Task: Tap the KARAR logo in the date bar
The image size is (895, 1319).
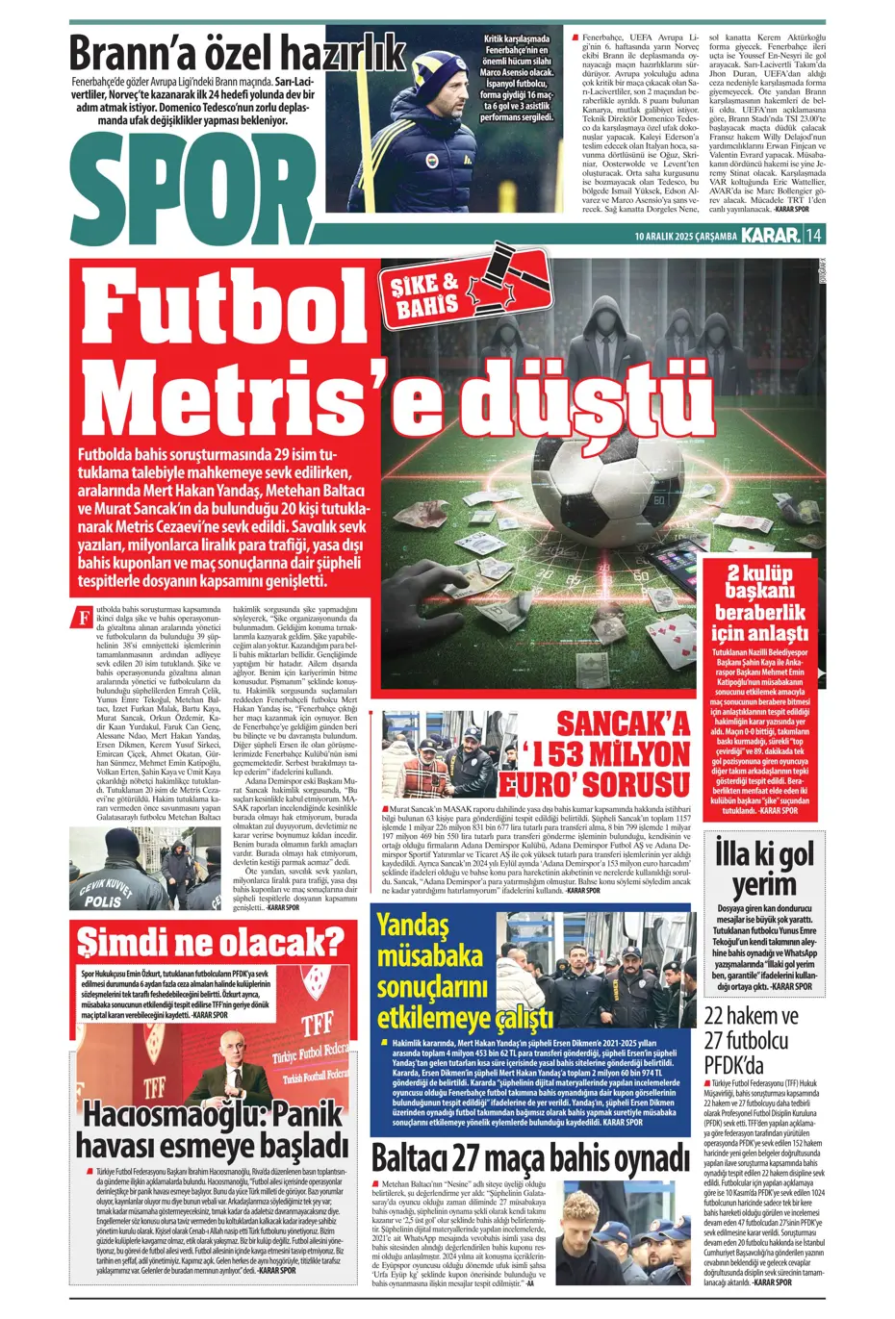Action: pos(771,235)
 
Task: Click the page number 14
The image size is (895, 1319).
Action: pos(814,235)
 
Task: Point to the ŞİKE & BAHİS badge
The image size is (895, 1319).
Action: pos(424,295)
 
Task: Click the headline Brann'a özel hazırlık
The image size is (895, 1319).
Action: pos(237,52)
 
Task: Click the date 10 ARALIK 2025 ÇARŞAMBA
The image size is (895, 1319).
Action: pos(685,236)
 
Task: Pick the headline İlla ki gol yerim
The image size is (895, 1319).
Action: pos(764,869)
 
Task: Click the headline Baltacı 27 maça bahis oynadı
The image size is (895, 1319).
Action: pos(530,1158)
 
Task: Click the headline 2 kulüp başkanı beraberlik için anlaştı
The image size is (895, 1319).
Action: pos(760,603)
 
